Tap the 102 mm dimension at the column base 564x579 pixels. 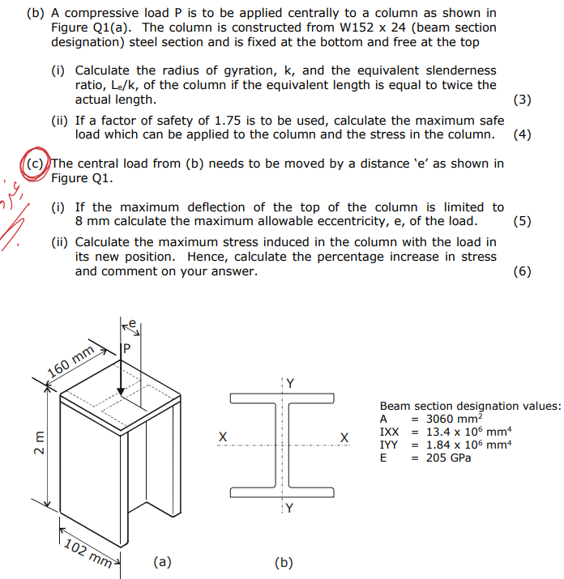pos(88,551)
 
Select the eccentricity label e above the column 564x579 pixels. pos(135,322)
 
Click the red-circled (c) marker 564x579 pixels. pos(36,164)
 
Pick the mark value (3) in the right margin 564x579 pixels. pos(523,100)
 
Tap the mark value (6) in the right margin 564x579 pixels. pos(523,271)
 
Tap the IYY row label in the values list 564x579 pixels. pos(389,445)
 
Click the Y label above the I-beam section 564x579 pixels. pos(289,382)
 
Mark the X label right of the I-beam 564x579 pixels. pos(345,438)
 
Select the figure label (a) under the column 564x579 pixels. pos(162,560)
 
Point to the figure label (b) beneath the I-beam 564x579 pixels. pos(284,562)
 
